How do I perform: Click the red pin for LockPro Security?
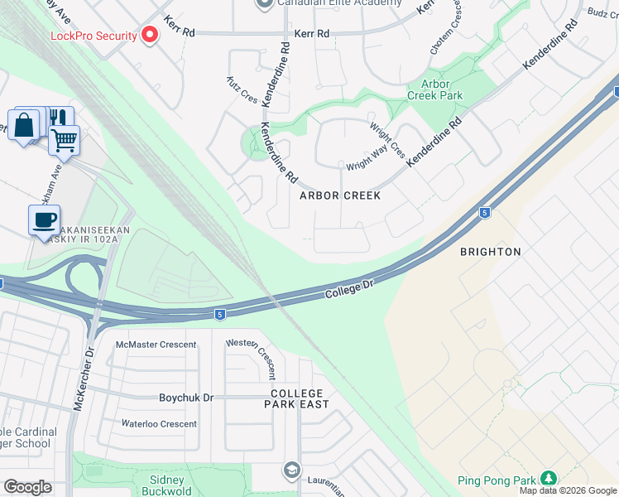150,35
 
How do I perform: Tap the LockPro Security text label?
94,36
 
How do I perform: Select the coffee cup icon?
44,221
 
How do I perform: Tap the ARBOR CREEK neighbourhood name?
340,195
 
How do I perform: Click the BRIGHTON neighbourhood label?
491,251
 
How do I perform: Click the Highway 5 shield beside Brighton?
484,213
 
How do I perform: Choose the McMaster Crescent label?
156,345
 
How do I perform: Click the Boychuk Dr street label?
186,398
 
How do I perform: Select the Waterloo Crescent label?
160,424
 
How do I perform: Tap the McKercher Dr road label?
80,388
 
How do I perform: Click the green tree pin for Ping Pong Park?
547,479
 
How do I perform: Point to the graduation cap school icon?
290,470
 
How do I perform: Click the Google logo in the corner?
28,487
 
